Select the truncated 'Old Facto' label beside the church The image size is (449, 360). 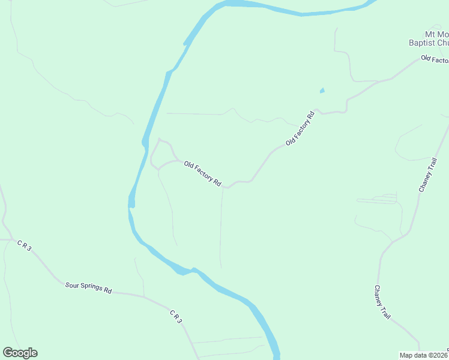pyautogui.click(x=435, y=59)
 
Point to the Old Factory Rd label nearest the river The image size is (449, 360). pyautogui.click(x=203, y=173)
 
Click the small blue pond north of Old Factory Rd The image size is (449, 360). pyautogui.click(x=322, y=91)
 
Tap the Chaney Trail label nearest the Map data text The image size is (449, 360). pyautogui.click(x=382, y=303)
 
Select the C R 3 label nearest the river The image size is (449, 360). pyautogui.click(x=175, y=317)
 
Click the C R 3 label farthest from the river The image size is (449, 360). pyautogui.click(x=23, y=245)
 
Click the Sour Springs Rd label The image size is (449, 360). pyautogui.click(x=89, y=287)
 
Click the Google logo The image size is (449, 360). pyautogui.click(x=20, y=353)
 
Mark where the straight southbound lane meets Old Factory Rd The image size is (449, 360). pyautogui.click(x=223, y=187)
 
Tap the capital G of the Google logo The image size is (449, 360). pyautogui.click(x=8, y=353)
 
